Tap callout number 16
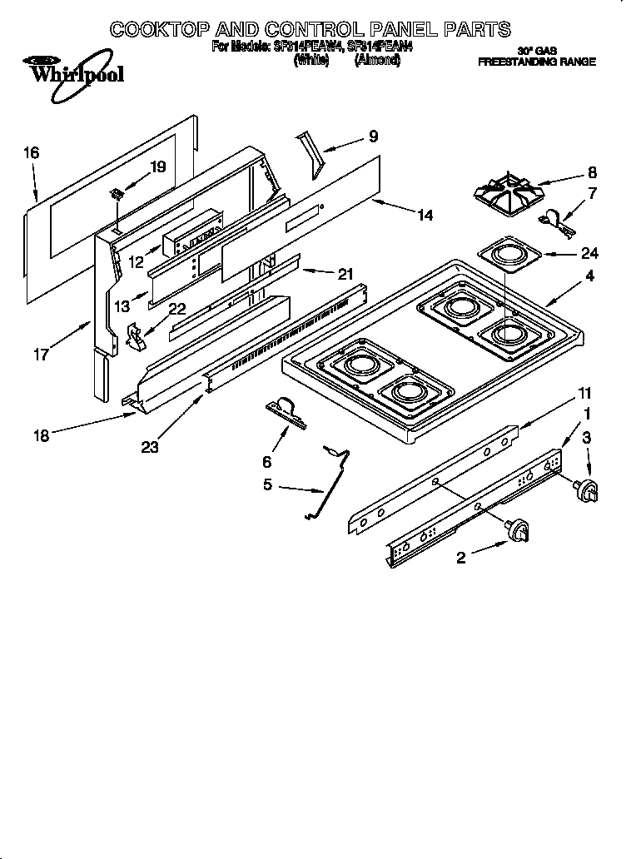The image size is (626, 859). (x=31, y=152)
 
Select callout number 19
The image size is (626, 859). (x=157, y=166)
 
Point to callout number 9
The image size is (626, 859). (x=373, y=137)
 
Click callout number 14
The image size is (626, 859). (x=425, y=215)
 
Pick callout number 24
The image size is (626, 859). (x=589, y=253)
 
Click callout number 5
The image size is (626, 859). (x=267, y=484)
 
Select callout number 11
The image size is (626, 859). (x=585, y=392)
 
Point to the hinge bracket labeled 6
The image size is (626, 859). (x=286, y=412)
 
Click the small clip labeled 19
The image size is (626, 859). (x=117, y=195)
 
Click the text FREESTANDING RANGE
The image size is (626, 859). (x=536, y=62)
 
